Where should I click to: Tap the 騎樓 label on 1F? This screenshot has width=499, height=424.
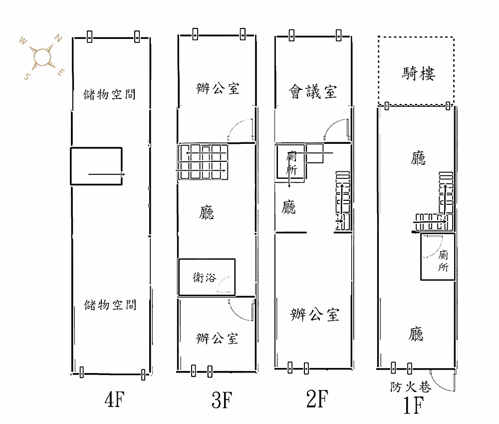419,74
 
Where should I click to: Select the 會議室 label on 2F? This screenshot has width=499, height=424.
313,91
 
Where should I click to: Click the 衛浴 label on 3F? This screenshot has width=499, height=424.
205,278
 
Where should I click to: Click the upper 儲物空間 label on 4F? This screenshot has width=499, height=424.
110,93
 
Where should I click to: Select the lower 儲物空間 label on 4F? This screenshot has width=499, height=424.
110,305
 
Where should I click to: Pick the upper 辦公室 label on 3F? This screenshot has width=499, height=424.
218,89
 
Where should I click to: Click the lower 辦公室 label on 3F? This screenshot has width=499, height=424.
217,339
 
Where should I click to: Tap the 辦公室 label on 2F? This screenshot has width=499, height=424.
315,315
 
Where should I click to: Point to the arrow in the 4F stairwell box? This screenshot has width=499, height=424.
107,174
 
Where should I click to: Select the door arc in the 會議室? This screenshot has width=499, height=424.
334,129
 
